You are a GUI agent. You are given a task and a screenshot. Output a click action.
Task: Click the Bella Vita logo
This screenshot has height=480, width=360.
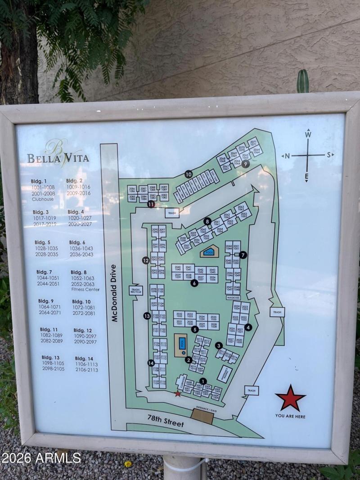(58, 155)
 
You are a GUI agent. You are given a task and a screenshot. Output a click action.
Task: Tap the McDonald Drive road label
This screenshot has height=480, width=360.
(114, 292)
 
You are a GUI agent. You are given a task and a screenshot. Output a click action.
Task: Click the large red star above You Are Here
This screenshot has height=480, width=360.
(290, 398)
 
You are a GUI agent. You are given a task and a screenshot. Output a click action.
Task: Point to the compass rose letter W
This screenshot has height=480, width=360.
(308, 134)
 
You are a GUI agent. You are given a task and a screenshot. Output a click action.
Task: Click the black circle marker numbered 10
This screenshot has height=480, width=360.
(188, 174)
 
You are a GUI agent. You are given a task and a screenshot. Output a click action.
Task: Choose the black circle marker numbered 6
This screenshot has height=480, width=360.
(194, 283)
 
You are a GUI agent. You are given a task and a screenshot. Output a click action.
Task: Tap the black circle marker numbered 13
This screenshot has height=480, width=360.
(147, 316)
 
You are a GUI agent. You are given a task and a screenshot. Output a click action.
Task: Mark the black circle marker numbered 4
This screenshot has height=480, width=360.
(248, 327)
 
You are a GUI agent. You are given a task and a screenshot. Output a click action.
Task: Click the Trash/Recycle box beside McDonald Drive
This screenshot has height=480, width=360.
(136, 290)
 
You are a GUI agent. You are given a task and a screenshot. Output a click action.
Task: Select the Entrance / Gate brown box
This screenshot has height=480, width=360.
(202, 415)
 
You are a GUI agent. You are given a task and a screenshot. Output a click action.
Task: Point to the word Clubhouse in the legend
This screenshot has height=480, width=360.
(43, 199)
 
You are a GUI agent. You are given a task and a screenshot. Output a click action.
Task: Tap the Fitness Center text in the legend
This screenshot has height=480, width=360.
(85, 289)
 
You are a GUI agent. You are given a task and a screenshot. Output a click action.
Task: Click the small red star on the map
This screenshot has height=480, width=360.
(178, 394)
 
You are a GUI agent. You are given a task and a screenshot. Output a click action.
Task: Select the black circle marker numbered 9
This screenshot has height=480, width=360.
(245, 164)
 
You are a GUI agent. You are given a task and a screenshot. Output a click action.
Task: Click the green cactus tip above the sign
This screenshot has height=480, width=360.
(303, 76)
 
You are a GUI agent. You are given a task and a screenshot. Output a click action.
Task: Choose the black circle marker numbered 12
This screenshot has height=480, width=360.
(145, 260)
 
